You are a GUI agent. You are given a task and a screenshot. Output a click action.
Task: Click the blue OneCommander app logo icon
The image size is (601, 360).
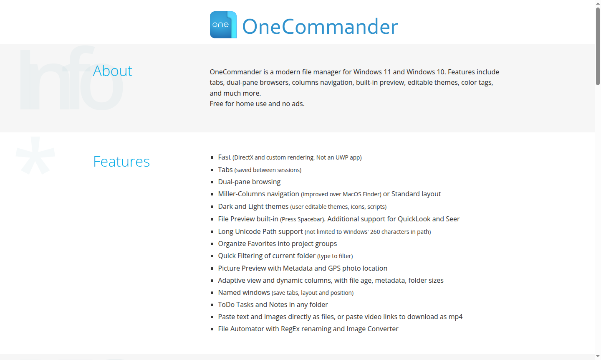click(x=223, y=25)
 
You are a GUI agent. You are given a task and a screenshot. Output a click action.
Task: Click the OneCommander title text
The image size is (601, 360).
click(x=320, y=27)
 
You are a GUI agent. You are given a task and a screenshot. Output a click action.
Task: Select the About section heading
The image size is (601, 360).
click(x=112, y=71)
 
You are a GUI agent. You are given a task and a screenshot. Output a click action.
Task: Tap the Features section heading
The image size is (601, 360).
click(x=121, y=162)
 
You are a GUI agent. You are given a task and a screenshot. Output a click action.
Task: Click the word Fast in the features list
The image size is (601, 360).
click(x=224, y=157)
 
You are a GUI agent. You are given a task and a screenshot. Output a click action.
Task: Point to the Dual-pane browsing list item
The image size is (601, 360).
click(x=249, y=182)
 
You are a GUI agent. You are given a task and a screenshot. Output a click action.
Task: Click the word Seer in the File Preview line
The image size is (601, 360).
click(x=452, y=219)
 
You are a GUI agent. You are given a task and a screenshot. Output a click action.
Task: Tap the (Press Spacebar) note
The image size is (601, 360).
click(x=303, y=219)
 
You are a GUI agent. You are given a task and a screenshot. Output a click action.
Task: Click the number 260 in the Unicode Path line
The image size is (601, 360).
click(x=375, y=232)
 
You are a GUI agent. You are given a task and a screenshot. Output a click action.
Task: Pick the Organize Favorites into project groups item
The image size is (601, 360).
click(x=277, y=244)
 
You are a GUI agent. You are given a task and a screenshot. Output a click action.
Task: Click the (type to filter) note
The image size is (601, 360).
click(x=335, y=256)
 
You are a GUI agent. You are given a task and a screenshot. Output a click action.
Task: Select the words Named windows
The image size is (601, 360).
click(x=244, y=293)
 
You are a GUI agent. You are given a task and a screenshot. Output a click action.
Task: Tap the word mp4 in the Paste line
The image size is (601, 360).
click(x=455, y=317)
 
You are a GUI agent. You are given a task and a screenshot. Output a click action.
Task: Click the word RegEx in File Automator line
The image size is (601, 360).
click(x=290, y=329)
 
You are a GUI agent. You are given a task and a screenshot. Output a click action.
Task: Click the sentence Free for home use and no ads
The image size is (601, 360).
click(x=257, y=104)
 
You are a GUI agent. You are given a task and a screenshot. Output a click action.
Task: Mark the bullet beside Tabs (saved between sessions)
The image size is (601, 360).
click(x=212, y=170)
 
